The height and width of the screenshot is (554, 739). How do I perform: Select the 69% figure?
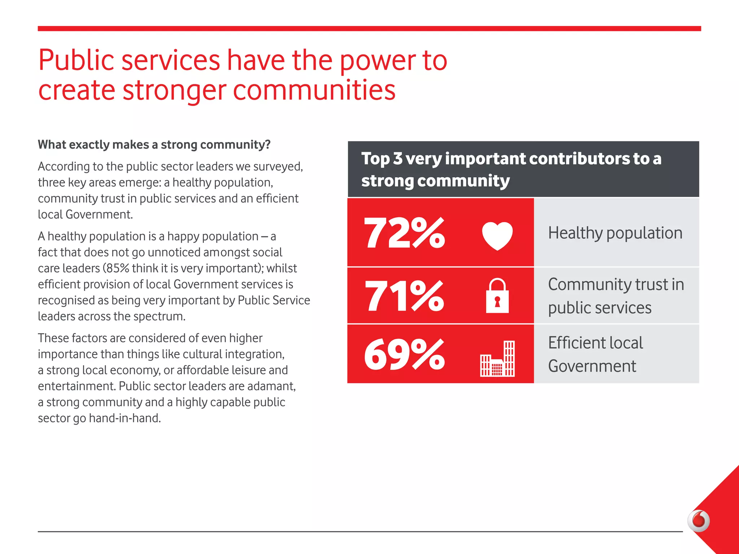pos(405,355)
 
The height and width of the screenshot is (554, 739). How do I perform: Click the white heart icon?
pos(497,236)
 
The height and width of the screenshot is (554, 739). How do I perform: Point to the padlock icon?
pos(497,296)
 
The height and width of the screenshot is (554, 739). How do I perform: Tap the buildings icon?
pos(497,359)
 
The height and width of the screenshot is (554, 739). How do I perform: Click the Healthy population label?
pos(615,233)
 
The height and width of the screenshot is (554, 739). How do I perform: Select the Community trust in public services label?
pos(616,296)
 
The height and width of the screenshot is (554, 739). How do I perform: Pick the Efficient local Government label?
pos(595,354)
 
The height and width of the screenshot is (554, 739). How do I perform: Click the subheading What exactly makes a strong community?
pos(154,145)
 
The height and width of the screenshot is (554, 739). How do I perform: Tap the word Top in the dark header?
pos(375,159)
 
